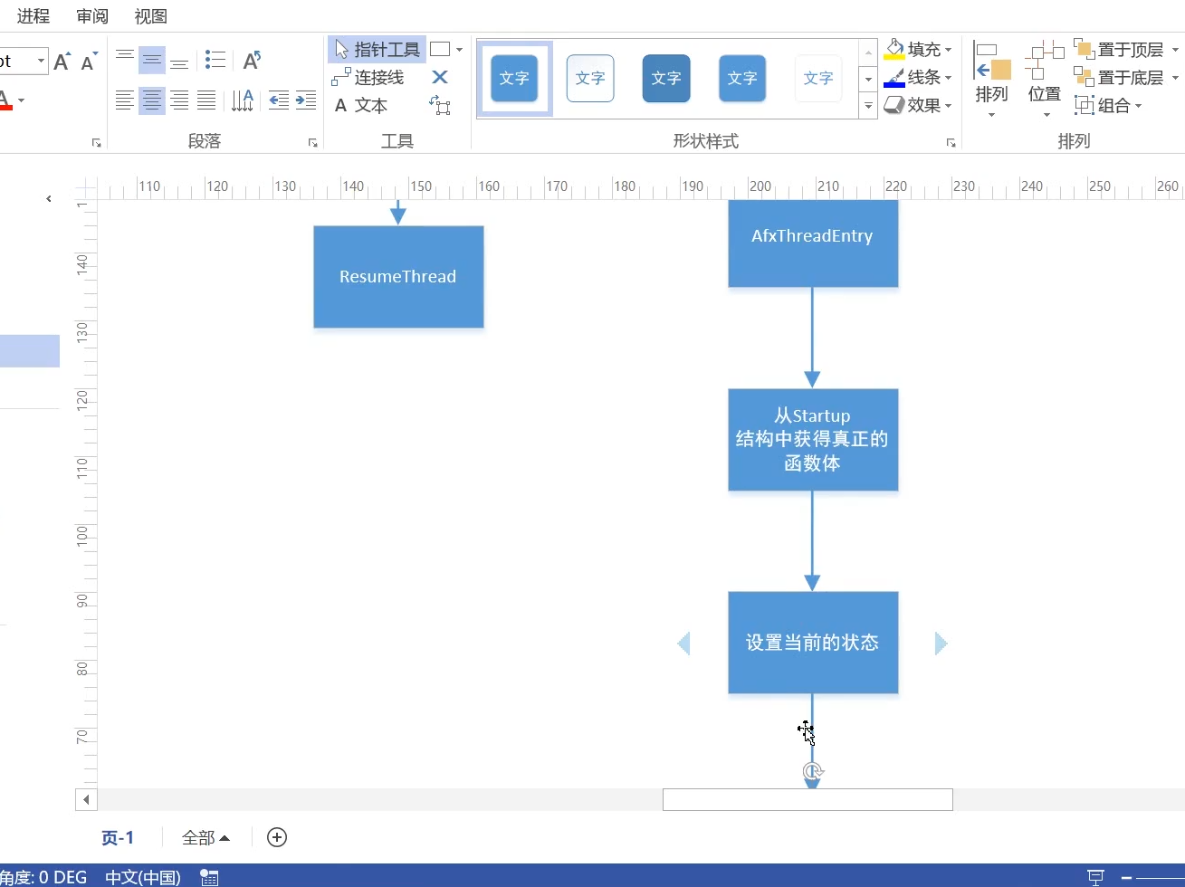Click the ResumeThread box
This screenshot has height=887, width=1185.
click(x=398, y=277)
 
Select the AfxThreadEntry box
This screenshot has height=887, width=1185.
click(x=813, y=243)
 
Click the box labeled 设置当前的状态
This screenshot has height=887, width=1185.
click(x=813, y=643)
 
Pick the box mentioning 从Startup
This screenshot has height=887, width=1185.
click(x=813, y=440)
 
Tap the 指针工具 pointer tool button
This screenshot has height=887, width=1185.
click(x=377, y=50)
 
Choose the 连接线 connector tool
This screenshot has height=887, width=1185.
click(x=368, y=78)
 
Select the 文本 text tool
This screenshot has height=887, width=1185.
click(x=361, y=106)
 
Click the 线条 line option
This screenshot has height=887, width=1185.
click(x=919, y=78)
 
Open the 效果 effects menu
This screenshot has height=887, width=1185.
click(x=919, y=106)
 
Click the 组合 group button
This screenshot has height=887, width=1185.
click(x=1108, y=106)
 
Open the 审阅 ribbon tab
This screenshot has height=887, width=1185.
click(x=92, y=16)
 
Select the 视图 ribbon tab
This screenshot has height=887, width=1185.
click(x=150, y=16)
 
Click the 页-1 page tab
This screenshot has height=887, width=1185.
click(x=118, y=838)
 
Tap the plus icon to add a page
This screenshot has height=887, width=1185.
click(x=277, y=837)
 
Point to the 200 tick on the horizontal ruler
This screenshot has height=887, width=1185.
click(x=760, y=187)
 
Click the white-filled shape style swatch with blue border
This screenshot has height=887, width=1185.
click(x=590, y=79)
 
